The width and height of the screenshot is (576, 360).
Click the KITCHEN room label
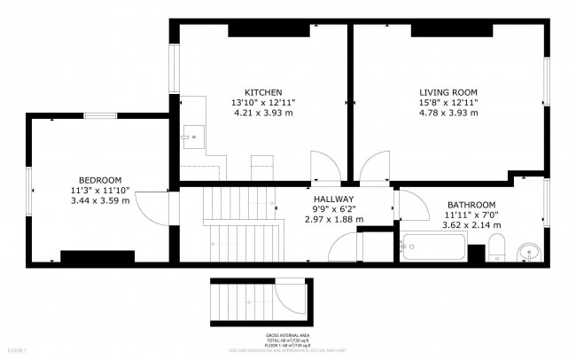[263, 92]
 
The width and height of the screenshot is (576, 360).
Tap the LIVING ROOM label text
[448, 92]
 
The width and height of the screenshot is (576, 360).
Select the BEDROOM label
[100, 180]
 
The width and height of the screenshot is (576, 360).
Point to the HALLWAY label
[333, 199]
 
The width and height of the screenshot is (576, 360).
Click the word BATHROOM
[471, 204]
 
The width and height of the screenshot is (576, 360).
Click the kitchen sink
[192, 136]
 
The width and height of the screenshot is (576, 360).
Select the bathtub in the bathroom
[433, 247]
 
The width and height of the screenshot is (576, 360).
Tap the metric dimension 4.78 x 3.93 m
[448, 113]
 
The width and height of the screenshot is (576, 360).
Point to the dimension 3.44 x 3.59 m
[100, 201]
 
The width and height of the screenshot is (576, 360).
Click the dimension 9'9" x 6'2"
[333, 209]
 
